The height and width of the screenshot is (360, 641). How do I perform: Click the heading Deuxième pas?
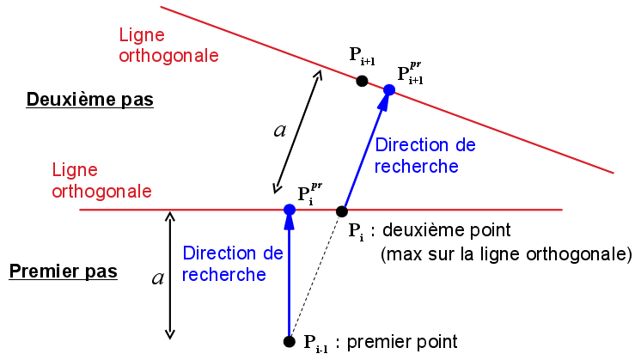click(89, 100)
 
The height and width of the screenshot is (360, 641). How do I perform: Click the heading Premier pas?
click(63, 272)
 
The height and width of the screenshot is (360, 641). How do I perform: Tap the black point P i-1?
click(290, 341)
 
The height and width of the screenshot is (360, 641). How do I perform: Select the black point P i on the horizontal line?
click(341, 211)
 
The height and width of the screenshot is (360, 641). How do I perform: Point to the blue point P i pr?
click(290, 210)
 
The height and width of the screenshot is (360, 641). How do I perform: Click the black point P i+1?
click(362, 81)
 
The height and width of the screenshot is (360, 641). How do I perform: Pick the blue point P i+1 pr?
click(389, 89)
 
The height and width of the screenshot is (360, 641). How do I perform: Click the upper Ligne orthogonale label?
click(168, 46)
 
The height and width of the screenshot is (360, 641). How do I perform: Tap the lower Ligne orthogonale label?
click(102, 180)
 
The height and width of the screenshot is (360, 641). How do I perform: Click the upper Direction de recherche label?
click(425, 156)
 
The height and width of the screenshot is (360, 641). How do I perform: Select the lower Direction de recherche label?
click(233, 264)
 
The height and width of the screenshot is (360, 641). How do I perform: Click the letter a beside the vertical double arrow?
click(157, 277)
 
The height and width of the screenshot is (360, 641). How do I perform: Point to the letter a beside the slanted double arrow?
click(279, 130)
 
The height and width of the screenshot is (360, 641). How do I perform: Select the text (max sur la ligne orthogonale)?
click(505, 254)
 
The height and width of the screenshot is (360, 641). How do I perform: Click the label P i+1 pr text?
click(411, 73)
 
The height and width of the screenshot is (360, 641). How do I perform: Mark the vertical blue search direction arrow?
click(290, 275)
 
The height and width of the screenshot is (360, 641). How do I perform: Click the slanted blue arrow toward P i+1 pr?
click(364, 151)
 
